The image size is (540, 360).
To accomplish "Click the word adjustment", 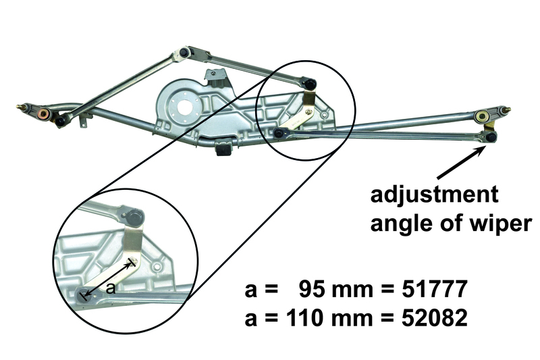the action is tap(434, 196).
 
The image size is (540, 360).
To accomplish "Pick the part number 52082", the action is tap(435, 317).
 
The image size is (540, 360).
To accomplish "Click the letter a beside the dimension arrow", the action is tap(111, 288).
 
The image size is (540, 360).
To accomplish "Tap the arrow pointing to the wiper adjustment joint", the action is tap(462, 163).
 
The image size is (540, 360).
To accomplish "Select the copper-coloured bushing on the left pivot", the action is tap(44, 113).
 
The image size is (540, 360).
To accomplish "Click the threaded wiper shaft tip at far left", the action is tap(22, 107).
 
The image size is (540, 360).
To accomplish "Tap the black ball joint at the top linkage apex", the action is tap(185, 52).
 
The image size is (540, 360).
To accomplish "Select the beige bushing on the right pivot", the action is tap(481, 116).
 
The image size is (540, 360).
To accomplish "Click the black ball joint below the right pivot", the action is tap(491, 138).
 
